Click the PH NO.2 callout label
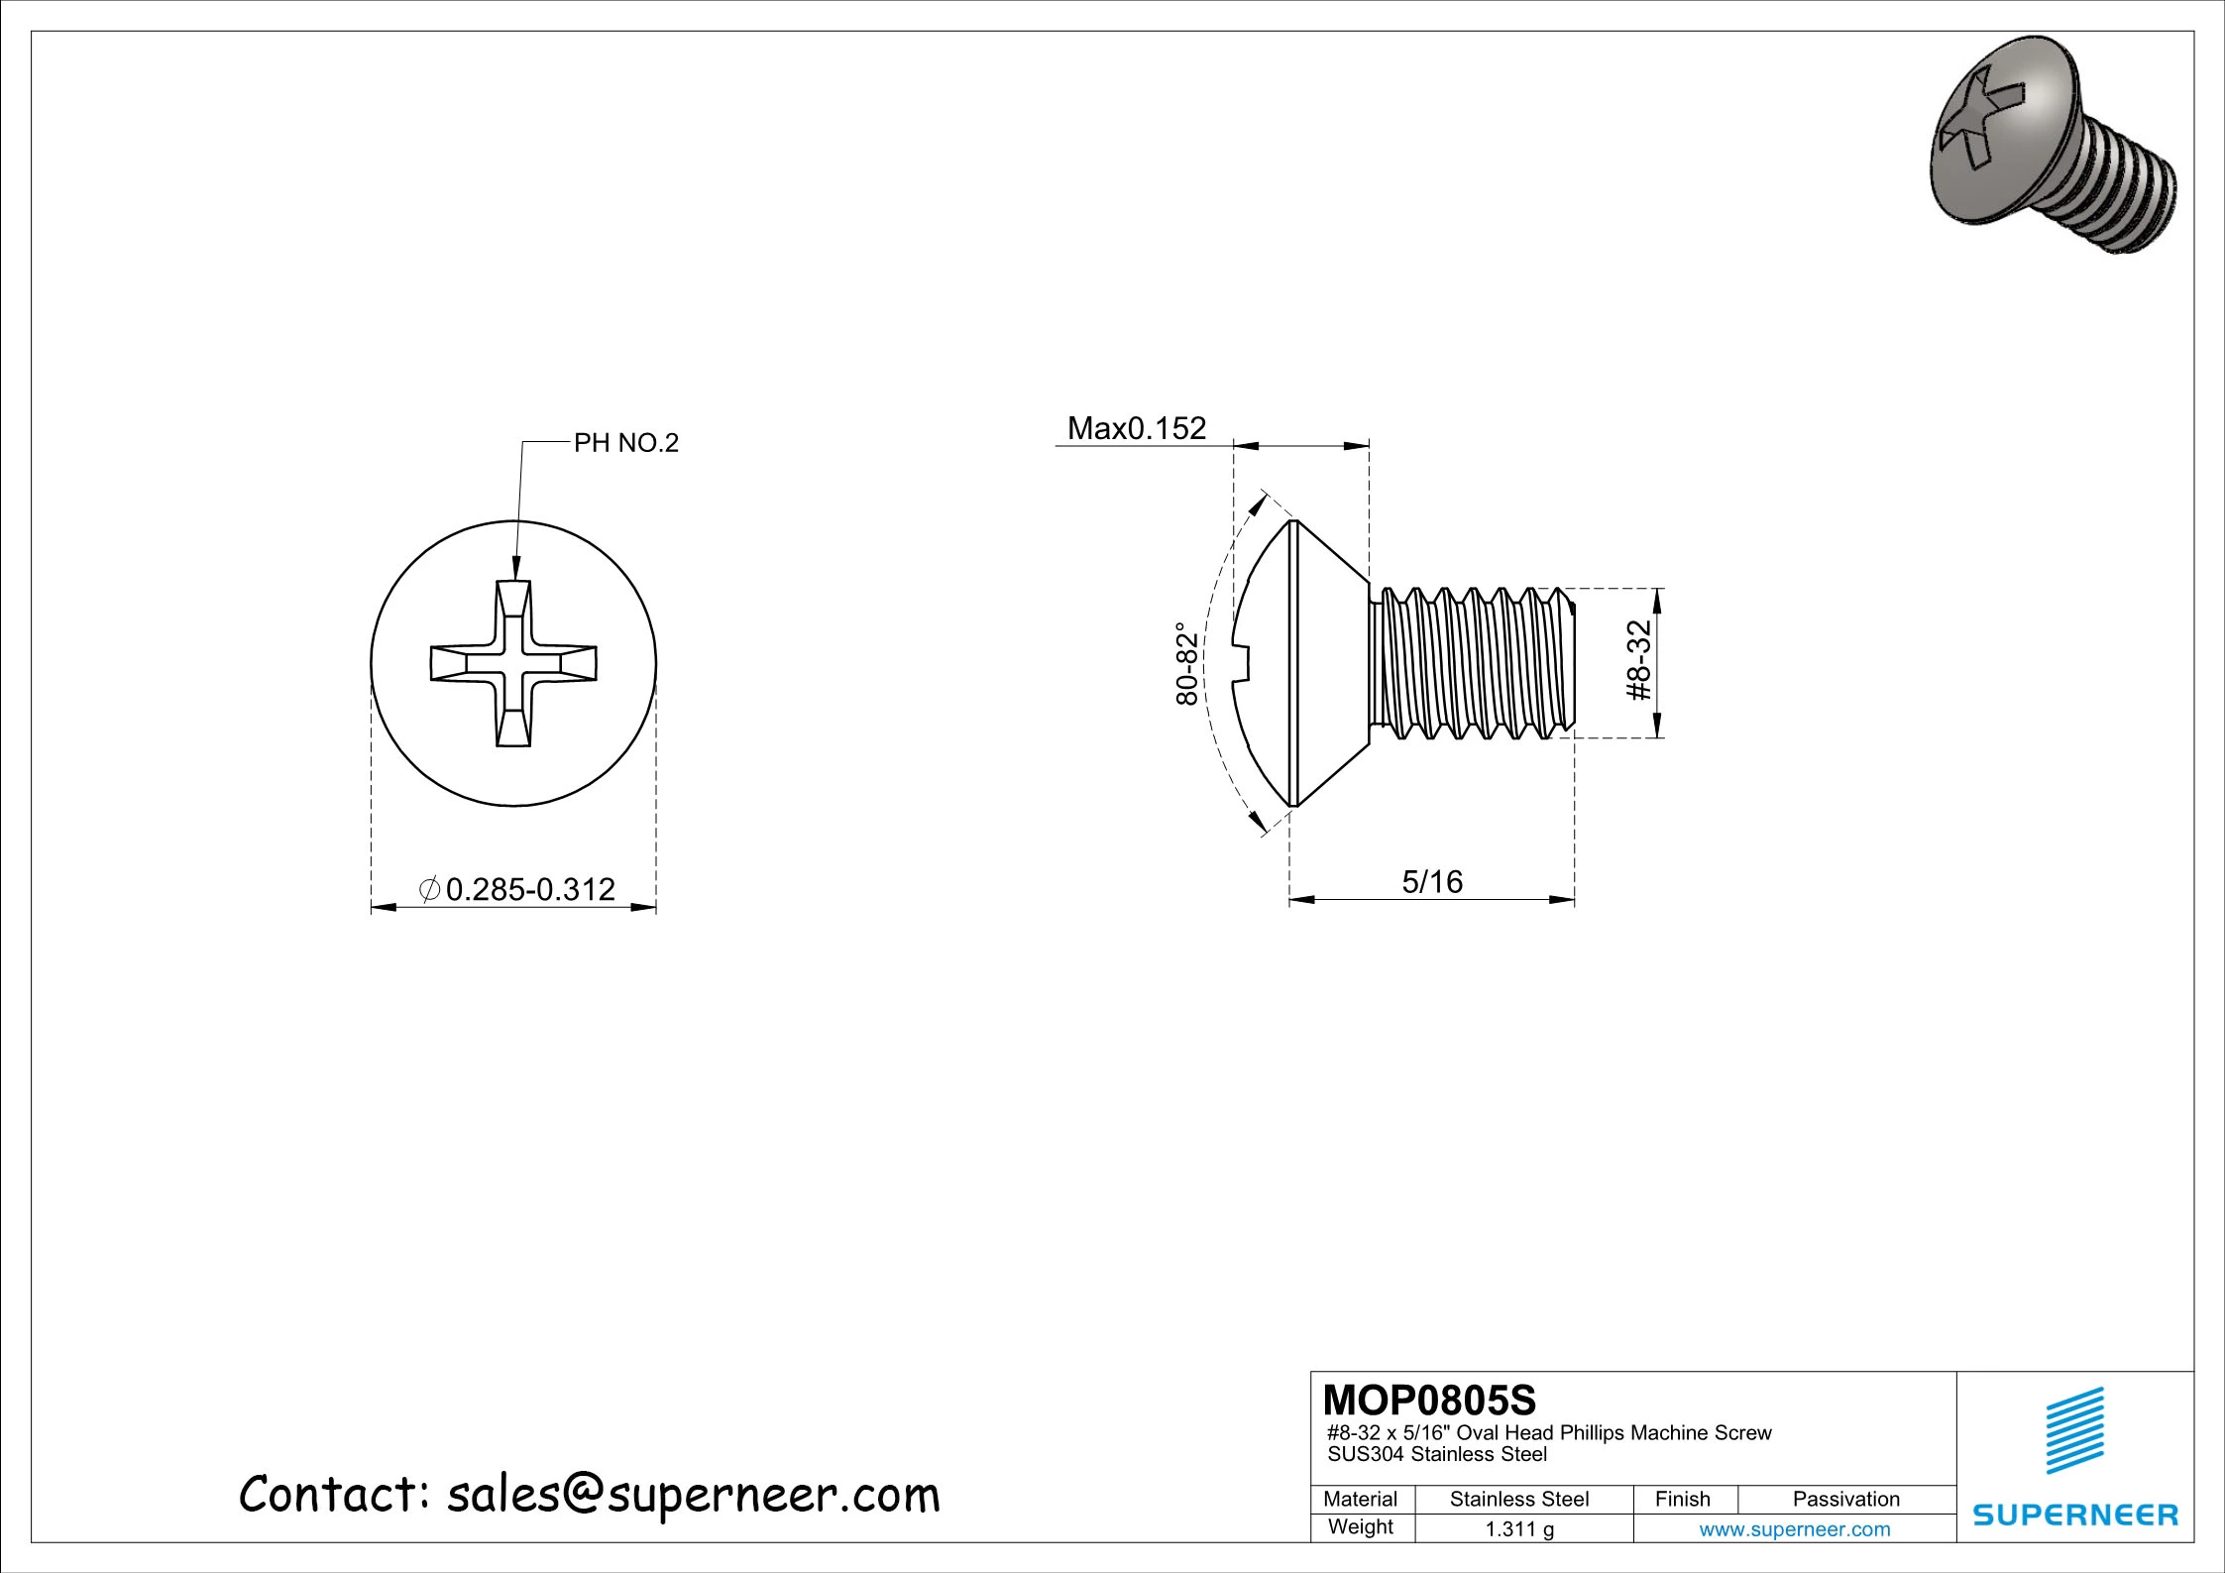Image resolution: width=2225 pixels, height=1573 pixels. [x=625, y=443]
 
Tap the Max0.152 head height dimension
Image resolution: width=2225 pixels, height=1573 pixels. [x=1136, y=428]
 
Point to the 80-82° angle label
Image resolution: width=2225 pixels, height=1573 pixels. [x=1186, y=663]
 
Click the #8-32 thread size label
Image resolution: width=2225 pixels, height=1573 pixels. [x=1640, y=660]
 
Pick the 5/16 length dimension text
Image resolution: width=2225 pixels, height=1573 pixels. [x=1431, y=881]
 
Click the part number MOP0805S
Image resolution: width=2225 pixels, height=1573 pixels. [x=1428, y=1400]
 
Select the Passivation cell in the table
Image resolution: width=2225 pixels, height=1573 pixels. [x=1845, y=1499]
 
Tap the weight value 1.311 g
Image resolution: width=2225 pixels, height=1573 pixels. [x=1518, y=1528]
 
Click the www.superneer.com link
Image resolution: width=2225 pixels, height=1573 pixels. [x=1794, y=1528]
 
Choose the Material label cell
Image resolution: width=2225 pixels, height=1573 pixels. [x=1360, y=1499]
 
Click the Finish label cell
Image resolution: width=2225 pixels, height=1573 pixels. [x=1682, y=1499]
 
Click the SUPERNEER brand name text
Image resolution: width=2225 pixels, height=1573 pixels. [x=2075, y=1515]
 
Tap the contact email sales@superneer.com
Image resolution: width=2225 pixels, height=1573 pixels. [x=693, y=1495]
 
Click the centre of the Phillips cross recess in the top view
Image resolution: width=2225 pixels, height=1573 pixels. [x=513, y=663]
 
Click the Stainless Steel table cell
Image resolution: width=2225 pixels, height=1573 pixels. [x=1518, y=1499]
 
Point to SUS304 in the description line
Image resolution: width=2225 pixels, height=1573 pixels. [x=1366, y=1455]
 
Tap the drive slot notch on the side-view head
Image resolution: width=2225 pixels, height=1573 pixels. [x=1243, y=663]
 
